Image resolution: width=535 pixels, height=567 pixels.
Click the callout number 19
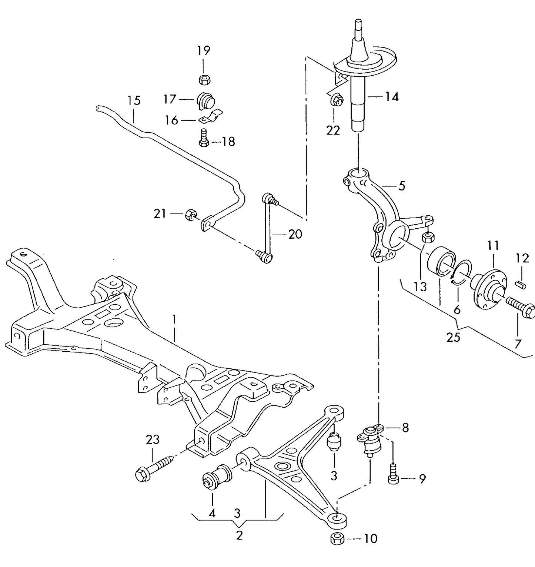pos(203,50)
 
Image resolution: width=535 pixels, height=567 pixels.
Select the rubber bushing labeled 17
pos(206,100)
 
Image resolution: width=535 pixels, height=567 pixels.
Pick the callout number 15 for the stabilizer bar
pos(134,100)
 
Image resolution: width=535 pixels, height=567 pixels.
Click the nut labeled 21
pos(190,214)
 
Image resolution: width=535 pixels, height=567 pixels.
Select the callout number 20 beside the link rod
pos(295,234)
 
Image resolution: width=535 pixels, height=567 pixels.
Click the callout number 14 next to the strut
pos(391,97)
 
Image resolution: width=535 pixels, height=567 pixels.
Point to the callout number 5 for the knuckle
pos(402,186)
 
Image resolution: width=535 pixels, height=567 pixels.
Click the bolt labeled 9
pos(393,474)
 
